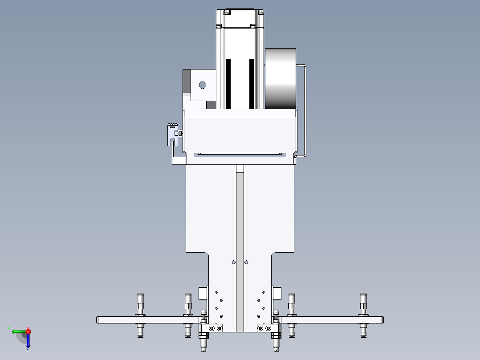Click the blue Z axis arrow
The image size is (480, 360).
coord(28,340)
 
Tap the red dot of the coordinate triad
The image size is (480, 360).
coord(28,331)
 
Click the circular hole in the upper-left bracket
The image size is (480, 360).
coord(202,85)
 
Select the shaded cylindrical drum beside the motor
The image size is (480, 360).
coord(281,78)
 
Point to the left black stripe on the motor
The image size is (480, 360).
coord(228,84)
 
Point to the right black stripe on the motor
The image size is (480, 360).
coord(252,84)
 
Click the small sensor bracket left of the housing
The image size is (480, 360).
coord(173,135)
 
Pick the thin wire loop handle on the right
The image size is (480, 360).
coord(305,110)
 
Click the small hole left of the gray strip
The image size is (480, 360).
coord(234,262)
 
